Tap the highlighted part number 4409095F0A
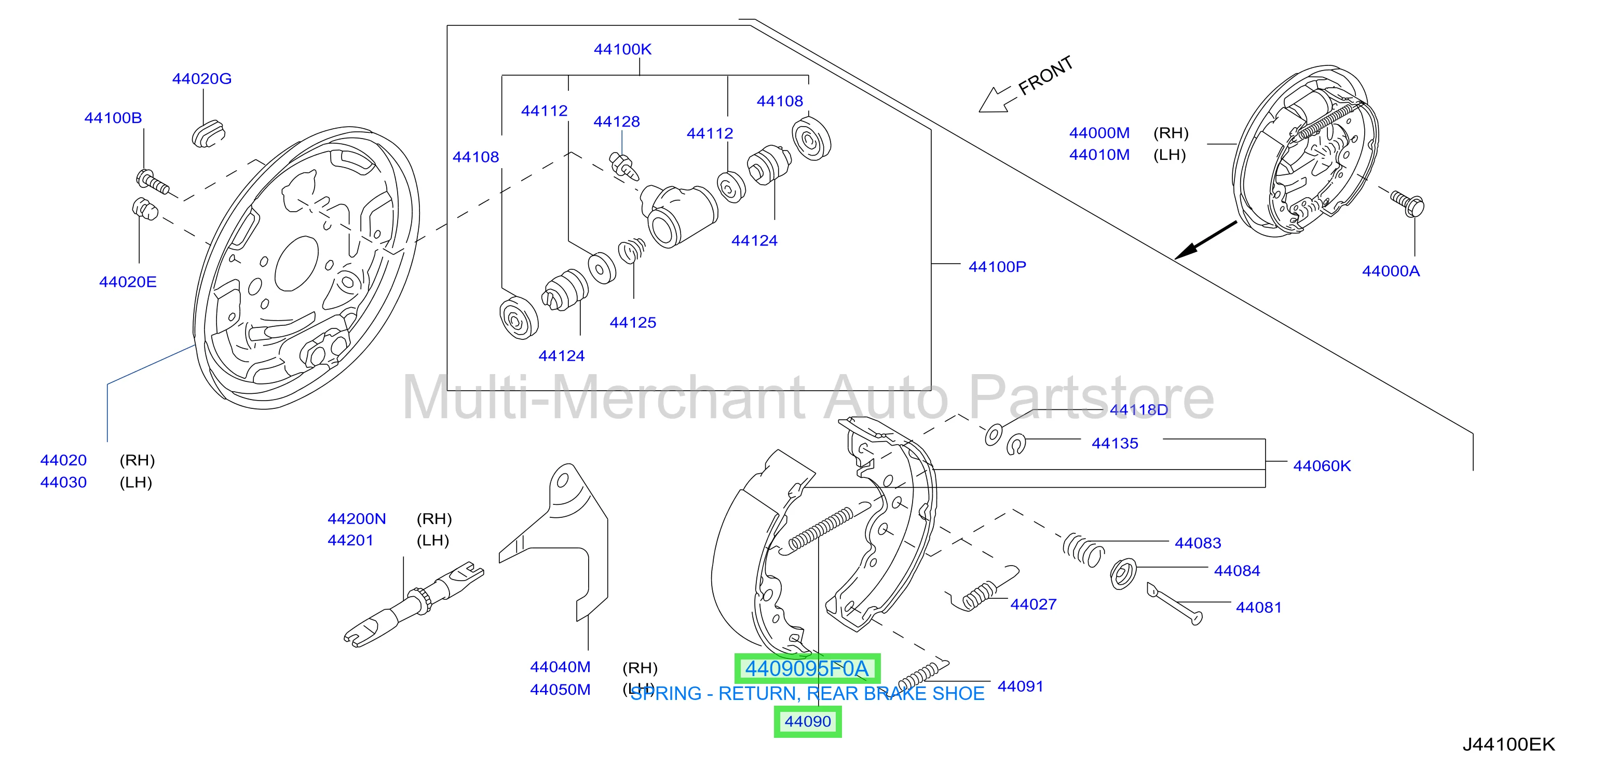click(x=807, y=668)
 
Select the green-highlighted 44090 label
click(x=807, y=722)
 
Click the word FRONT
click(x=1047, y=76)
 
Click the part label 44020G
click(x=201, y=78)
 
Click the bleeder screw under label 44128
click(x=624, y=164)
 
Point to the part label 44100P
click(x=997, y=267)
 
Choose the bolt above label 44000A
click(x=1407, y=204)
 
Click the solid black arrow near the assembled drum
click(x=1205, y=240)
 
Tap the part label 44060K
click(x=1322, y=465)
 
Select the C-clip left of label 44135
click(x=1016, y=444)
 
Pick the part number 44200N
click(x=357, y=519)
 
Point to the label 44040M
click(x=560, y=667)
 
